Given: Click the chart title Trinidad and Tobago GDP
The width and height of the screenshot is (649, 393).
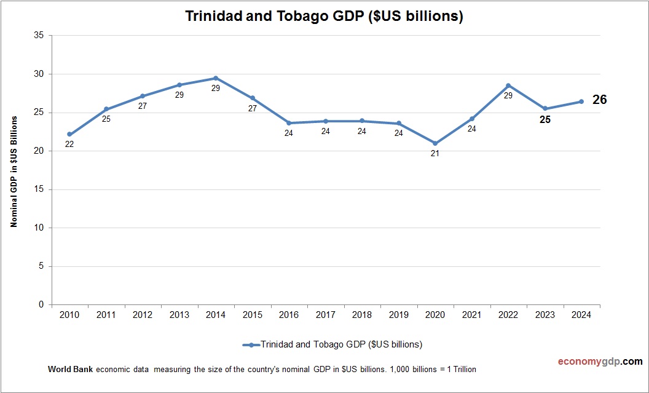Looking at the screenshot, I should [324, 17].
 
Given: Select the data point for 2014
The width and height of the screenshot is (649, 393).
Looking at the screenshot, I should [216, 78].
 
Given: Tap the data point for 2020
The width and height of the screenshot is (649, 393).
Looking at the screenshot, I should [435, 143].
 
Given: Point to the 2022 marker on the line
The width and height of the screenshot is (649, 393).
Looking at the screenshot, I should [508, 85].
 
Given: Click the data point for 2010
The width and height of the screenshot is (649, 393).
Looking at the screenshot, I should [69, 134].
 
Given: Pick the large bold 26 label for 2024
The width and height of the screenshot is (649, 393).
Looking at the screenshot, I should [599, 100].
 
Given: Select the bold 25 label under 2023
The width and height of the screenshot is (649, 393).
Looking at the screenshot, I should [545, 120].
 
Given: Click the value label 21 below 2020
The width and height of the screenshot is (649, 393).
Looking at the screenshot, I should [435, 154].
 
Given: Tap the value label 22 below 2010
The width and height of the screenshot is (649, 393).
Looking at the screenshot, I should [69, 145].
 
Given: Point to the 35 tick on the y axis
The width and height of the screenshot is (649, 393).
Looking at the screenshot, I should [39, 36].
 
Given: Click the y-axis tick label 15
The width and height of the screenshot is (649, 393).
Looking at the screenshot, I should [39, 189].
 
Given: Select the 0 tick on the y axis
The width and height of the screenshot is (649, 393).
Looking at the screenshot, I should [41, 304].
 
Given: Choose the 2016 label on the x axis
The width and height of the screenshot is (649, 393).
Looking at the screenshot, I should [289, 315].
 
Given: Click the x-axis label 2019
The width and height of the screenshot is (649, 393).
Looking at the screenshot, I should [398, 315].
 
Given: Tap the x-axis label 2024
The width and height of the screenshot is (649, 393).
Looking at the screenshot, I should [581, 315].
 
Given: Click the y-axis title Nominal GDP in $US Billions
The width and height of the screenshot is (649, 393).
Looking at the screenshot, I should [14, 170].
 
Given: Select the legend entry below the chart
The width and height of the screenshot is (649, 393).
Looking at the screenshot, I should [332, 344].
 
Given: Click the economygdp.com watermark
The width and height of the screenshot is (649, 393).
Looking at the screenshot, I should [591, 362].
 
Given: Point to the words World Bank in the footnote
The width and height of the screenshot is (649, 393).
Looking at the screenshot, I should [70, 370].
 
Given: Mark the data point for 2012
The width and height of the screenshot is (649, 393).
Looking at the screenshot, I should [143, 96].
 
